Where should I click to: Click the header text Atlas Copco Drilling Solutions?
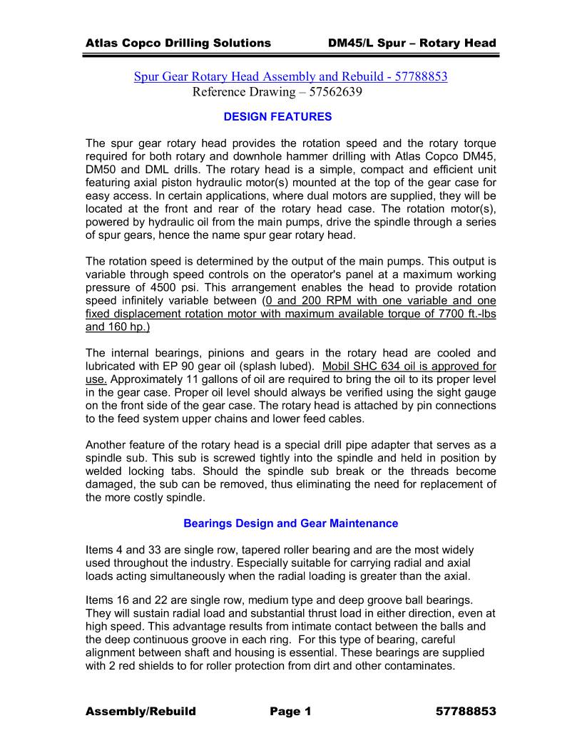point(178,43)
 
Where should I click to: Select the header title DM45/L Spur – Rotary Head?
point(412,43)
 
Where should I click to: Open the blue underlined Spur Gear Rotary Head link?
point(290,76)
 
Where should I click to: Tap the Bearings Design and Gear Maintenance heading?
point(290,523)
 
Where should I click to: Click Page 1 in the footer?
point(290,712)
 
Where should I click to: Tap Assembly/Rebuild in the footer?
point(141,712)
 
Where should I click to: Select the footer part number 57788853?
point(465,712)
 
